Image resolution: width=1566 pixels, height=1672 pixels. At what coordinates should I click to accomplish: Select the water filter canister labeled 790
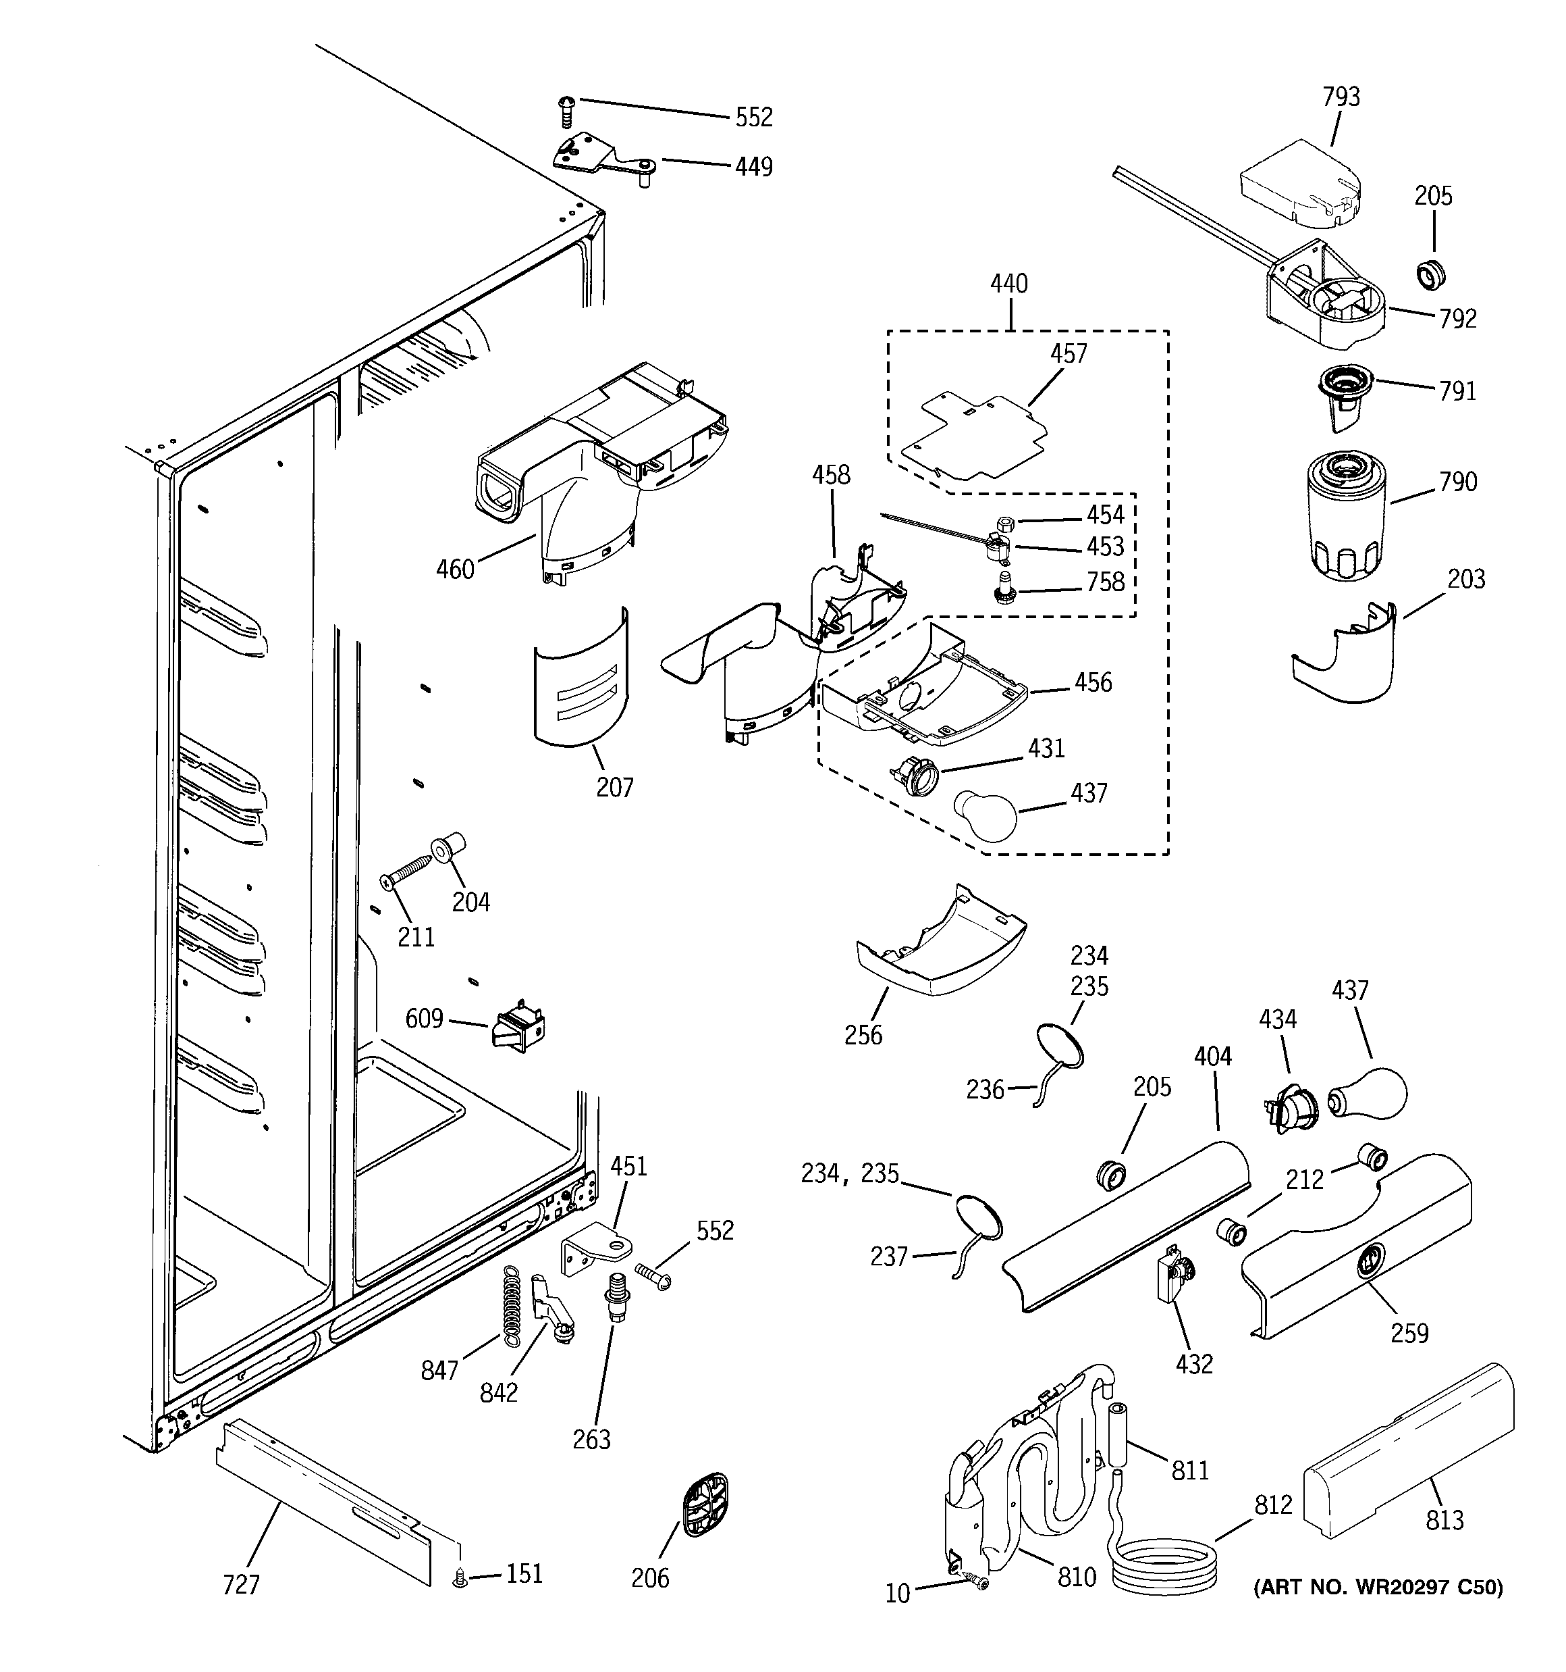tap(1343, 514)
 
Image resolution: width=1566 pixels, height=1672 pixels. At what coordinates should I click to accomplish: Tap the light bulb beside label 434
tap(1370, 1093)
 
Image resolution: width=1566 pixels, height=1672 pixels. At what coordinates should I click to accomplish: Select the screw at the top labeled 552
tap(566, 111)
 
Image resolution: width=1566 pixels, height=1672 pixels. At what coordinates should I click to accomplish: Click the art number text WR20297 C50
tap(1378, 1587)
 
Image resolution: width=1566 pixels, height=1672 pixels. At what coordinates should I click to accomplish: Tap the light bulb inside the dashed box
tap(983, 814)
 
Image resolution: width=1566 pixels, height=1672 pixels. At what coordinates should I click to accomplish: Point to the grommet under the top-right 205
tap(1428, 275)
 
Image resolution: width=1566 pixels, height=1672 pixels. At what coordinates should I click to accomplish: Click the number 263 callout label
tap(592, 1440)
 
